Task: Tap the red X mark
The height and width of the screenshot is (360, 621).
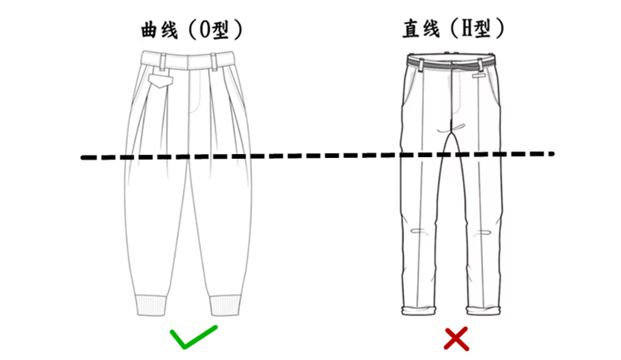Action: (x=456, y=339)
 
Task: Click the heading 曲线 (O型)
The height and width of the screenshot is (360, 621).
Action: (x=192, y=29)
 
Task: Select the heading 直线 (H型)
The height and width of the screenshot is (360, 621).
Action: (x=454, y=28)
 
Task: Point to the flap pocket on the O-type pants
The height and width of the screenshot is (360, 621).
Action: (x=161, y=81)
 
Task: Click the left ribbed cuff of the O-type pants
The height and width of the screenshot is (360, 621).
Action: (x=152, y=305)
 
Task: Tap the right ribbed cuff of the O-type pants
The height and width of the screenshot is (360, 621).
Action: (x=225, y=305)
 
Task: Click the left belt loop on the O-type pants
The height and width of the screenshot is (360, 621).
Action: (x=163, y=61)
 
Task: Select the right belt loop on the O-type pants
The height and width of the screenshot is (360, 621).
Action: (x=214, y=62)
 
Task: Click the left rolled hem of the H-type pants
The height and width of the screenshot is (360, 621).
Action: (x=418, y=310)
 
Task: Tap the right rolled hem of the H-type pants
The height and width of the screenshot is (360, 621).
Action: (x=484, y=310)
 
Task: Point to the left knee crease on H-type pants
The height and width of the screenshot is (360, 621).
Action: (x=420, y=232)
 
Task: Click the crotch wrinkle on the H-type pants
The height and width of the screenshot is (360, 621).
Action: (x=451, y=129)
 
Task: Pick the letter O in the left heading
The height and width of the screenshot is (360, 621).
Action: (x=205, y=30)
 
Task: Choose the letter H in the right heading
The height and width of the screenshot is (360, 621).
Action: (x=466, y=29)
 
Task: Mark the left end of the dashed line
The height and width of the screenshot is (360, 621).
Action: (x=82, y=157)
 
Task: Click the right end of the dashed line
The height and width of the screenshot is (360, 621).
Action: (x=552, y=153)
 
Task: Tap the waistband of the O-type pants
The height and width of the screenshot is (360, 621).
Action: (x=187, y=60)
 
